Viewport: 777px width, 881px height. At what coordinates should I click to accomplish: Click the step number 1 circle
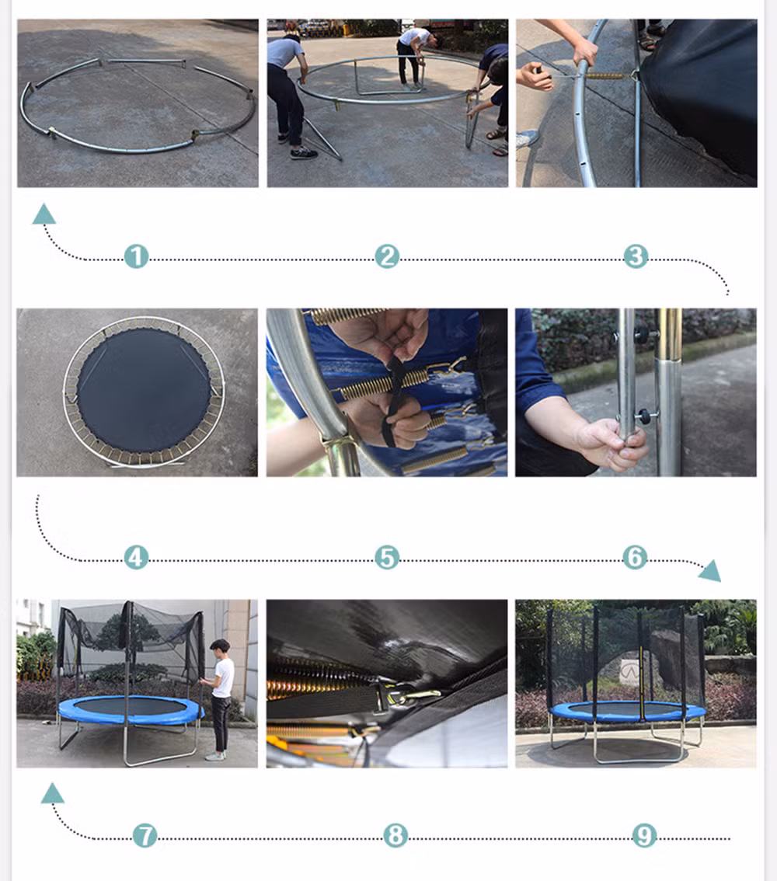point(136,256)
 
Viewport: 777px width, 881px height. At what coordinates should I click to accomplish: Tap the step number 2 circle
point(387,256)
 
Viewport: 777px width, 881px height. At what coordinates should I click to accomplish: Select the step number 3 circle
point(636,256)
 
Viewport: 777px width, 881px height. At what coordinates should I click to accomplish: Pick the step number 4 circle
point(136,557)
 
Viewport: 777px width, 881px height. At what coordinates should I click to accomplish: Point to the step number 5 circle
point(387,557)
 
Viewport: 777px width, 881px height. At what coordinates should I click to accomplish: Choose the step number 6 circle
point(635,557)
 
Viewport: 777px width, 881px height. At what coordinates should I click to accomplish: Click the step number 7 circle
point(145,835)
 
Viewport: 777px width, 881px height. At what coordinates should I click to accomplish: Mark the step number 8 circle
point(395,835)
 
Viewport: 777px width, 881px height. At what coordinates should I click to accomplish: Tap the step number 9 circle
point(644,835)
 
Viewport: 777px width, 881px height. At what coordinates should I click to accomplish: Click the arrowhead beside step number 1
point(44,214)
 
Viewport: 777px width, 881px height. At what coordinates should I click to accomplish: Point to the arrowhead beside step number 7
point(52,793)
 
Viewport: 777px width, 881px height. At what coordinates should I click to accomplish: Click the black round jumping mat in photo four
point(144,391)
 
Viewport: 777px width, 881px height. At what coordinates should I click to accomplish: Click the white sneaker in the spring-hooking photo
point(527,138)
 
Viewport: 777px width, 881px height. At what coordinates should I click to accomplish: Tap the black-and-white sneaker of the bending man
point(303,153)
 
